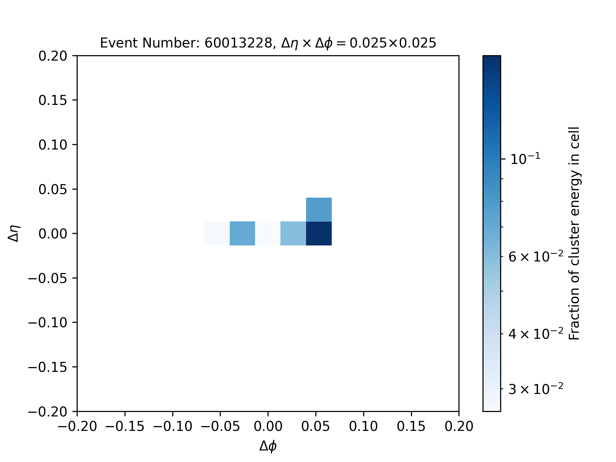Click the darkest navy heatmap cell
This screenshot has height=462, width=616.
319,234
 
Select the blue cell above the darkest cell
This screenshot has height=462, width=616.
319,210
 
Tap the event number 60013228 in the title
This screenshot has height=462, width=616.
238,43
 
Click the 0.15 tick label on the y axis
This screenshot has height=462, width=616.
53,100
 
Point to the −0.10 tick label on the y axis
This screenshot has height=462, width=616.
47,322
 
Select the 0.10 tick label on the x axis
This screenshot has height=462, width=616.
363,427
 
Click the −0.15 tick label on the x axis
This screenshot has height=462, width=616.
125,427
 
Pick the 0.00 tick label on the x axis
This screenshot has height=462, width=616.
268,427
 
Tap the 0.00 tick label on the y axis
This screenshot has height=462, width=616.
53,234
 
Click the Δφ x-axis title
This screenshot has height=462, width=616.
268,446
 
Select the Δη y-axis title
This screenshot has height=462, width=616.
14,233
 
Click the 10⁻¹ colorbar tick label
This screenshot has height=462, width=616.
525,158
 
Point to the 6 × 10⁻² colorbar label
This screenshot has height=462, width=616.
536,257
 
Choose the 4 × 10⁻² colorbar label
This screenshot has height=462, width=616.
536,334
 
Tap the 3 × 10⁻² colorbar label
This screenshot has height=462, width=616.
536,389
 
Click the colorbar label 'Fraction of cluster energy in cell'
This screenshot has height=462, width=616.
574,234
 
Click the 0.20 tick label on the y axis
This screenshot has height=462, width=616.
53,56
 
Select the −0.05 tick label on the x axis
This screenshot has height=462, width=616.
220,427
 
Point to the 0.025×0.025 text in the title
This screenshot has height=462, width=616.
393,43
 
